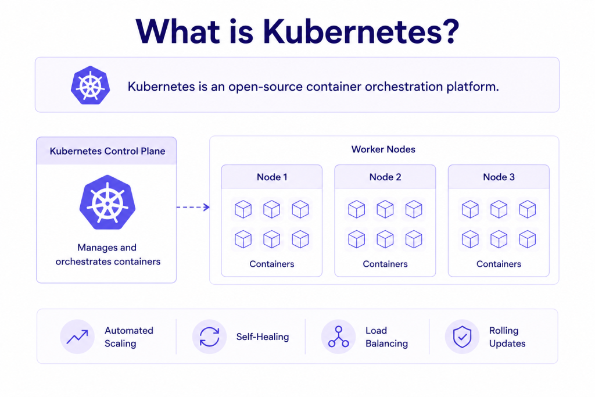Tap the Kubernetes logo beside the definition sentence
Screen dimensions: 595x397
pos(90,85)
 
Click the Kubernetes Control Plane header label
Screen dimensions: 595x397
pos(107,151)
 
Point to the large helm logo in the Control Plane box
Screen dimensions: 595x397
pos(107,202)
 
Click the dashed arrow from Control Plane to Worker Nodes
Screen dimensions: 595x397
pos(193,208)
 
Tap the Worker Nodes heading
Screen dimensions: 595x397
pos(383,149)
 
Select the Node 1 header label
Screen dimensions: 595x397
pos(272,177)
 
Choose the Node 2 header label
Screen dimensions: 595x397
pos(385,177)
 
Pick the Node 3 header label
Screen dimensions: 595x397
pos(499,177)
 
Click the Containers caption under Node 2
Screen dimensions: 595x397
pos(385,264)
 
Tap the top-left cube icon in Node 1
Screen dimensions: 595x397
pos(243,209)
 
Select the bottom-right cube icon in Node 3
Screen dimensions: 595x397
pos(528,239)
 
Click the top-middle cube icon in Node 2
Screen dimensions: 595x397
pos(385,209)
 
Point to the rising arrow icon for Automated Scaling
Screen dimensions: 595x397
pos(77,337)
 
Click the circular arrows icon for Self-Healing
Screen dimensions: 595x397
pos(209,337)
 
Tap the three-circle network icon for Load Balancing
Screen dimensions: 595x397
pos(339,337)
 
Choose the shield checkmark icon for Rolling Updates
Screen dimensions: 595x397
pos(462,337)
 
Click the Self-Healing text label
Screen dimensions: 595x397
pos(263,337)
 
